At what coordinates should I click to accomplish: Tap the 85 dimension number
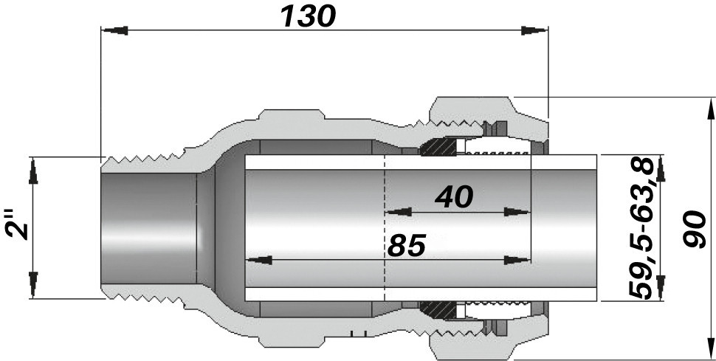[x=407, y=246]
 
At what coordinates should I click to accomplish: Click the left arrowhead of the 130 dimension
[x=114, y=30]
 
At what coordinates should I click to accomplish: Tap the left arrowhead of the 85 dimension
[x=258, y=260]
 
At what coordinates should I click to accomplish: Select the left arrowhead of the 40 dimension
[x=399, y=211]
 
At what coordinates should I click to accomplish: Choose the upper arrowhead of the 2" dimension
[x=33, y=174]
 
